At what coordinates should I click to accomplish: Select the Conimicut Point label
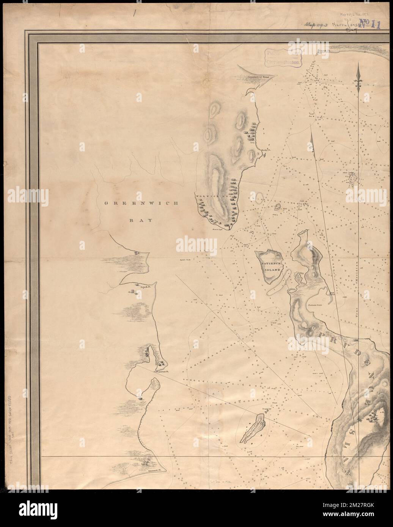[x=258, y=76]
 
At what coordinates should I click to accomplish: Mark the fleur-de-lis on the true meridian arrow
[x=359, y=80]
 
